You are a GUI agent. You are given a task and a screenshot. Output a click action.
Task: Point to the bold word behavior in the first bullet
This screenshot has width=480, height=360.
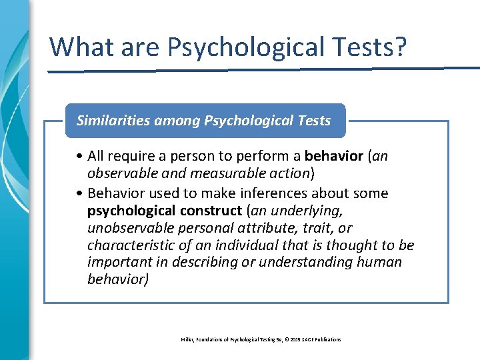(x=333, y=156)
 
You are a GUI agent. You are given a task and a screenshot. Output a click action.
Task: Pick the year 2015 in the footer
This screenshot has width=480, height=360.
(x=292, y=340)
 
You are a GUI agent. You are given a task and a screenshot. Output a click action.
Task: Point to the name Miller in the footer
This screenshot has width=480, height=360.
(x=187, y=340)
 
